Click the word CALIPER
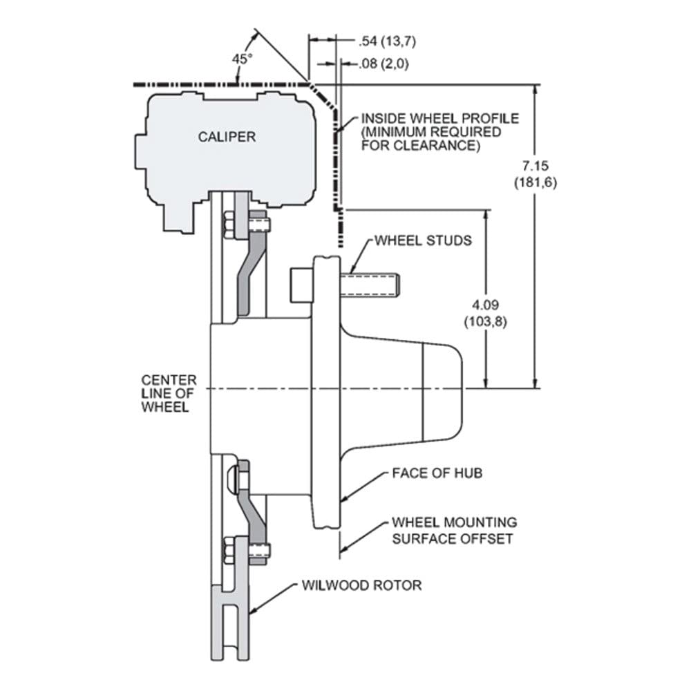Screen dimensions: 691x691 [x=227, y=137]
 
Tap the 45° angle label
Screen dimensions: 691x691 [x=243, y=59]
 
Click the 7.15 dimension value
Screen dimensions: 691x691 [x=536, y=166]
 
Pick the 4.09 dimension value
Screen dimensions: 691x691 [x=485, y=305]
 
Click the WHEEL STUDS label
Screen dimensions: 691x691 [x=423, y=240]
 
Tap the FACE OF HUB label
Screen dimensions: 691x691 [x=437, y=473]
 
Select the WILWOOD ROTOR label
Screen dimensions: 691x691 [x=361, y=585]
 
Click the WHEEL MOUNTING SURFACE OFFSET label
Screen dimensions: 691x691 [x=455, y=531]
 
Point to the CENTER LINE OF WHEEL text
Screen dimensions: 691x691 [x=169, y=394]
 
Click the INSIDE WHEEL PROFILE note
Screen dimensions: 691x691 [x=439, y=132]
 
